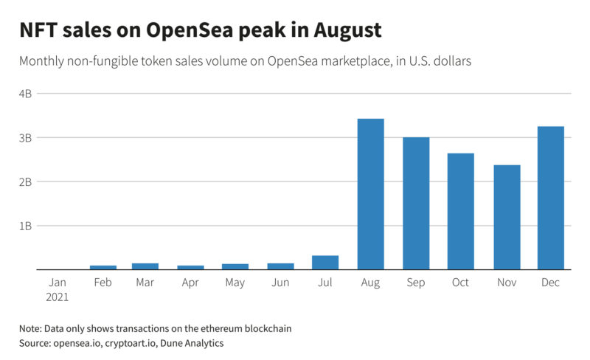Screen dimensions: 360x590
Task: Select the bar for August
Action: click(370, 194)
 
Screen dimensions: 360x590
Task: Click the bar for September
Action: click(416, 204)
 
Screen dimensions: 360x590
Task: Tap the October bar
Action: click(461, 212)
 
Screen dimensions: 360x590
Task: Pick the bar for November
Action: click(507, 217)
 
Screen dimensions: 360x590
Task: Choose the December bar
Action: click(551, 198)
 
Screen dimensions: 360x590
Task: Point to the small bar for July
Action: click(325, 263)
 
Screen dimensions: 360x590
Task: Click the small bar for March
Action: click(145, 266)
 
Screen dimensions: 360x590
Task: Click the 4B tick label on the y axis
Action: click(25, 94)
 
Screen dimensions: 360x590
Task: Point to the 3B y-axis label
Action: click(25, 138)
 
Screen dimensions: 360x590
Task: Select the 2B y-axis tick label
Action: click(25, 181)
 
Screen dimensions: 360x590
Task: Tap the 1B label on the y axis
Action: click(25, 226)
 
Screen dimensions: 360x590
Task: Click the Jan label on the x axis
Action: click(58, 283)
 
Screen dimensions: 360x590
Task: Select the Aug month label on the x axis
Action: click(370, 283)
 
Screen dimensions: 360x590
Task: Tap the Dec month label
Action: click(551, 283)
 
